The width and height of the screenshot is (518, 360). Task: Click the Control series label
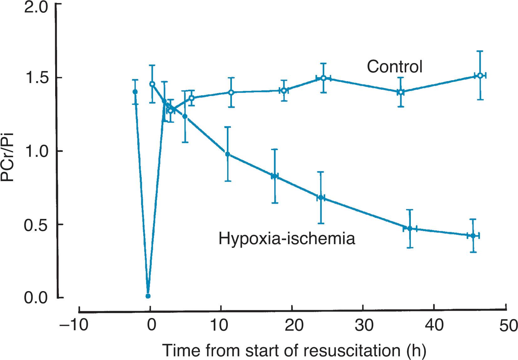click(395, 67)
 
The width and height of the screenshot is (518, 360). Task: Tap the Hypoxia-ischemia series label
click(287, 238)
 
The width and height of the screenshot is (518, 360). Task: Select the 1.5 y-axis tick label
click(36, 78)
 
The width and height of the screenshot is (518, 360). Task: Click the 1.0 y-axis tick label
click(36, 151)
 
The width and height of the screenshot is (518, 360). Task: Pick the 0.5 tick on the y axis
click(36, 225)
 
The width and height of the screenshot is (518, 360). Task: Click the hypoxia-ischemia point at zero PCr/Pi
click(148, 296)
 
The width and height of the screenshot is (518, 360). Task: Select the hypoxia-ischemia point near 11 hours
click(228, 154)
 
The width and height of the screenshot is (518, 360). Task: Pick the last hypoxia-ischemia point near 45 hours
click(473, 236)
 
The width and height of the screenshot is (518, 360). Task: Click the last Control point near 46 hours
click(479, 76)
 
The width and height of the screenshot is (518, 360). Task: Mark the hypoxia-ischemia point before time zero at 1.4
click(135, 92)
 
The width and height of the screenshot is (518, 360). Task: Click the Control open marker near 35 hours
click(400, 92)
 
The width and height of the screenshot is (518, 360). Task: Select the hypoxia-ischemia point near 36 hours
click(410, 228)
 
